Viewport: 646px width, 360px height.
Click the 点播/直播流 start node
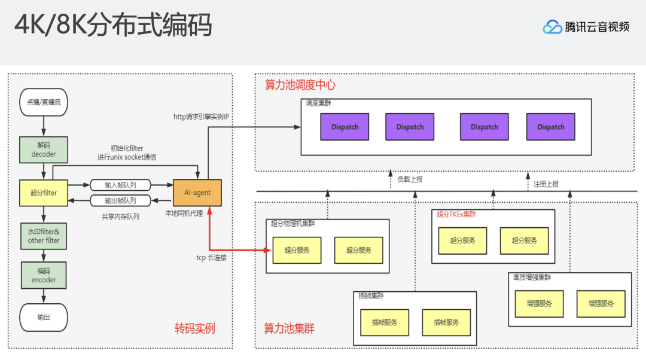pos(44,102)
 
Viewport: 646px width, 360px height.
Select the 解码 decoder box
pos(44,150)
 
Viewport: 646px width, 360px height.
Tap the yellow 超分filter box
pos(44,193)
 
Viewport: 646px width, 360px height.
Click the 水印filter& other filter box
pos(44,236)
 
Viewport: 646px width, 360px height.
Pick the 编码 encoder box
pos(44,275)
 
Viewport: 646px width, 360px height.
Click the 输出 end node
pos(44,317)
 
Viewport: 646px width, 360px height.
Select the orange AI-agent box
pos(197,193)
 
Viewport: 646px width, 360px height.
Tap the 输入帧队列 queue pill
pos(120,185)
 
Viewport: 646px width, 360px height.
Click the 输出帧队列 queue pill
pos(120,200)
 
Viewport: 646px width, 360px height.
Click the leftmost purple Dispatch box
pos(345,127)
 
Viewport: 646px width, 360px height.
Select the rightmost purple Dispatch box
pos(550,127)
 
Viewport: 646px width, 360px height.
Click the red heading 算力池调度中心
pos(300,85)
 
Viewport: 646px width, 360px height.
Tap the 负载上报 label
pos(410,179)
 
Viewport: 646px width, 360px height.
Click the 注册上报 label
pos(546,184)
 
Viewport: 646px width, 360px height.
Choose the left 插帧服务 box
pos(384,322)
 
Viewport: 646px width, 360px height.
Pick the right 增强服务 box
pos(601,303)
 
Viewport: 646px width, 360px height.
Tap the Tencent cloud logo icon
pos(552,27)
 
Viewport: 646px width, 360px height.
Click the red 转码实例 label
pos(194,328)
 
